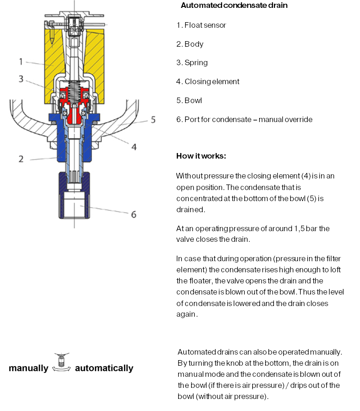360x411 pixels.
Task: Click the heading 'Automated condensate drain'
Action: (x=234, y=6)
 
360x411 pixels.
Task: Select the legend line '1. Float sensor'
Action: (x=201, y=25)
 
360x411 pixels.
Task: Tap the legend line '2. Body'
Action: (x=190, y=44)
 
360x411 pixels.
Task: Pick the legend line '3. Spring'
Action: (x=192, y=62)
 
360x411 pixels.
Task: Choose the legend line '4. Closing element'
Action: (x=208, y=81)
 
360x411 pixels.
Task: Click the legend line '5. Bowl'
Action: (x=189, y=100)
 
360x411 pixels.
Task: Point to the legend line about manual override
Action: (x=244, y=119)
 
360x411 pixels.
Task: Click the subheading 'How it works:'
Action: (x=201, y=156)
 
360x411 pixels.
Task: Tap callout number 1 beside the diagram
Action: (x=21, y=61)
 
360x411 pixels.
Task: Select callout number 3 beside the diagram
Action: (x=21, y=79)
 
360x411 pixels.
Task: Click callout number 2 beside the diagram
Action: (x=21, y=159)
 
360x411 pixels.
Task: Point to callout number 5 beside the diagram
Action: (x=153, y=120)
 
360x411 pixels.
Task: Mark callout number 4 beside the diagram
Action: (x=134, y=147)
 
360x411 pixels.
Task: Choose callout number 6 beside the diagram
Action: (x=134, y=215)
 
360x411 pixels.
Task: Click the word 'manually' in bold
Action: (x=28, y=368)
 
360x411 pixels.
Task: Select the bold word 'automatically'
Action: (x=104, y=368)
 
